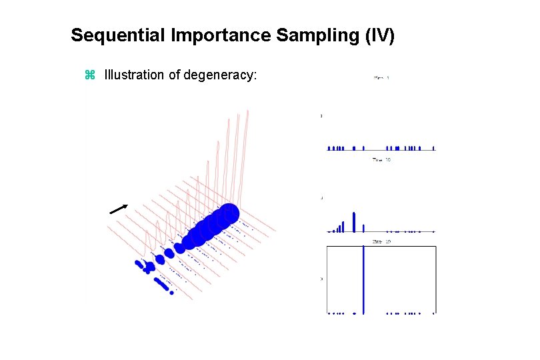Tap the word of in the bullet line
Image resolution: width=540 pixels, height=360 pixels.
pyautogui.click(x=175, y=75)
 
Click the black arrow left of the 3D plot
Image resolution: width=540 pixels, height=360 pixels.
pyautogui.click(x=119, y=209)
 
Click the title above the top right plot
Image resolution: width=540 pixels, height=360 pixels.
pyautogui.click(x=381, y=78)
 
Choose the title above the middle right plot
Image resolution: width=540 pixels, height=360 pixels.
pyautogui.click(x=381, y=160)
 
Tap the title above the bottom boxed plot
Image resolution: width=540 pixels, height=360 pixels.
pyautogui.click(x=381, y=241)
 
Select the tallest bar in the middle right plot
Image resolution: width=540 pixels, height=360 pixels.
pyautogui.click(x=354, y=222)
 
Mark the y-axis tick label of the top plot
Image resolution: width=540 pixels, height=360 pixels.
pyautogui.click(x=321, y=116)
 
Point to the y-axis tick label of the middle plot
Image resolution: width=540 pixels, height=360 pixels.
pyautogui.click(x=321, y=198)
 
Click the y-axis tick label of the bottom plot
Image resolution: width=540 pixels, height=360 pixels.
pyautogui.click(x=321, y=279)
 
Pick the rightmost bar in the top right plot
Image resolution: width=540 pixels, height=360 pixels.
pyautogui.click(x=433, y=148)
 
